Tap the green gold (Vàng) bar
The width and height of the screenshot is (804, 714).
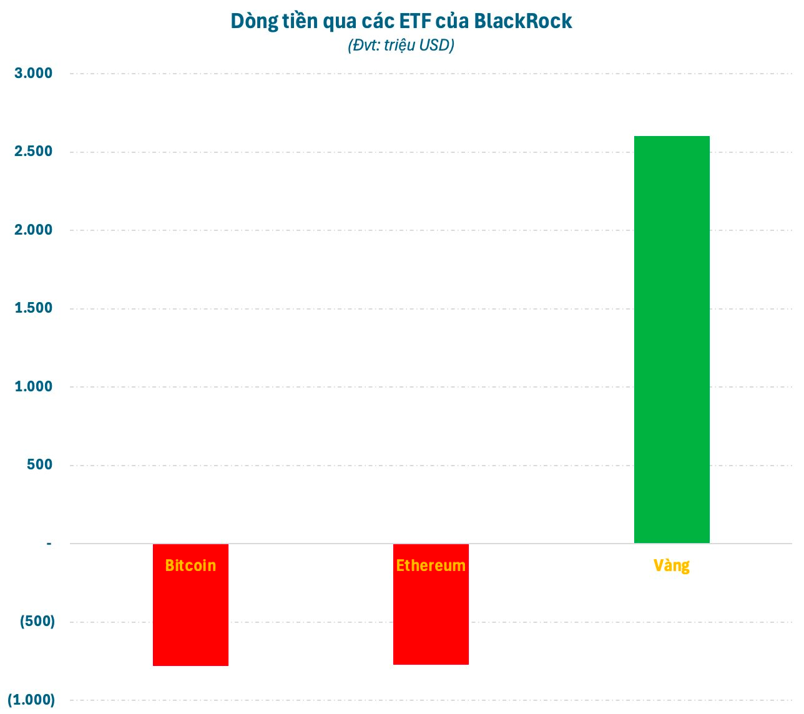pyautogui.click(x=672, y=340)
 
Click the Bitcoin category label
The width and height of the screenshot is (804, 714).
pyautogui.click(x=190, y=565)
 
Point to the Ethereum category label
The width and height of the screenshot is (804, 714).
pyautogui.click(x=431, y=565)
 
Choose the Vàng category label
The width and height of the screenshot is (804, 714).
pyautogui.click(x=672, y=565)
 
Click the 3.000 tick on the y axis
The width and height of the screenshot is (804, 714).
pyautogui.click(x=34, y=74)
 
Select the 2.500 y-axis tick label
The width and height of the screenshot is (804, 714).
pyautogui.click(x=34, y=152)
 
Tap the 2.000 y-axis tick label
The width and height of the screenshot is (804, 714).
pyautogui.click(x=34, y=230)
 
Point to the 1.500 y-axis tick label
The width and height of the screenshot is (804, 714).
pyautogui.click(x=34, y=308)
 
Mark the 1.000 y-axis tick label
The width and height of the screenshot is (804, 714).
pyautogui.click(x=34, y=387)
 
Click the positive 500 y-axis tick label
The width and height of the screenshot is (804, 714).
pyautogui.click(x=40, y=465)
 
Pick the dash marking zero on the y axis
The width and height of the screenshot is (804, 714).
pyautogui.click(x=49, y=544)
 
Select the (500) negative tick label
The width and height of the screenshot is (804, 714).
pyautogui.click(x=37, y=622)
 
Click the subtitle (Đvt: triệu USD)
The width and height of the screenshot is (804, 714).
pyautogui.click(x=401, y=46)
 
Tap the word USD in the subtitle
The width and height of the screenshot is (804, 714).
pyautogui.click(x=434, y=46)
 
